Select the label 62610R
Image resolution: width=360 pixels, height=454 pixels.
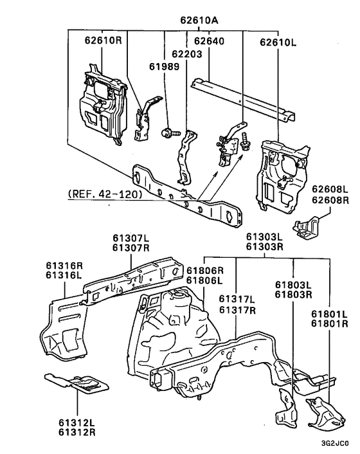pos(103,42)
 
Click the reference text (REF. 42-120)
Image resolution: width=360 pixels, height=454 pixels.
pos(101,193)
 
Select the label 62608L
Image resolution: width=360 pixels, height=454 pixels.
pos(330,189)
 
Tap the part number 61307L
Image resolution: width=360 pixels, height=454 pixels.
pos(131,239)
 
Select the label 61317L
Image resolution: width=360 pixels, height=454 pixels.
pos(237,298)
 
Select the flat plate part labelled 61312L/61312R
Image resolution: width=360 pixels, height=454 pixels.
pos(77,384)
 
